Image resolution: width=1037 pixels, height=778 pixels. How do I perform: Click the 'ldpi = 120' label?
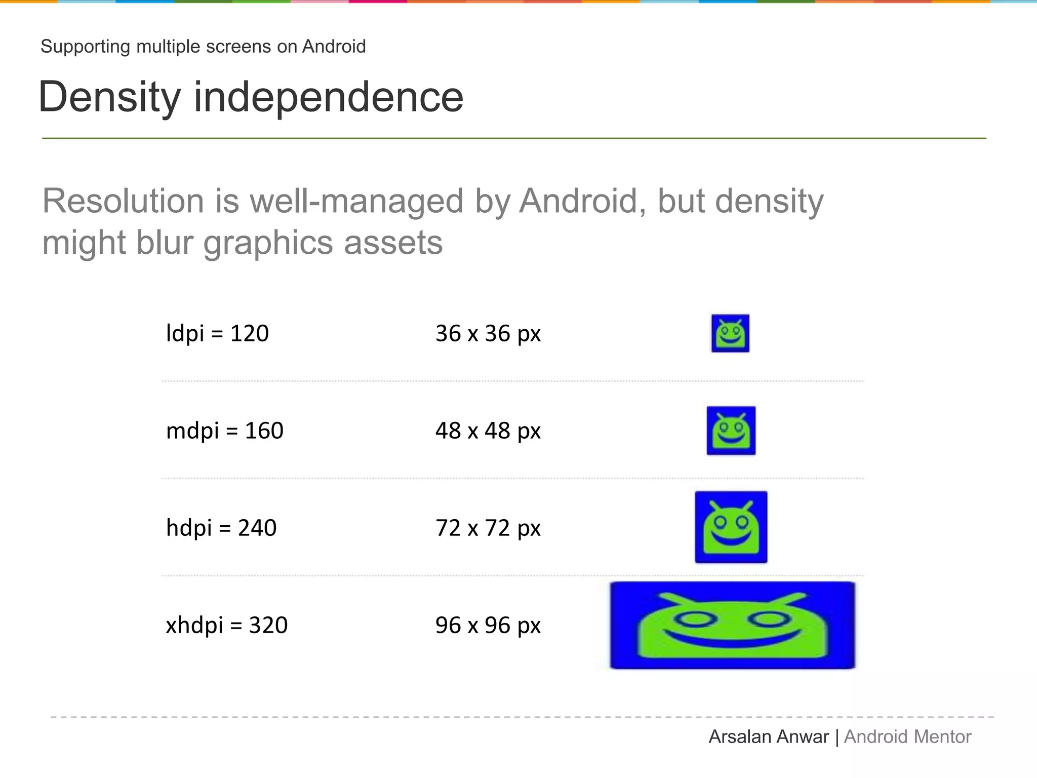click(x=217, y=333)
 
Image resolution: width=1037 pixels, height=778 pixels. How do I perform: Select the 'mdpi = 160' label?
click(x=224, y=431)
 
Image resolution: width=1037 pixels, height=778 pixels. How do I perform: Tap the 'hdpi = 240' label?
click(x=221, y=528)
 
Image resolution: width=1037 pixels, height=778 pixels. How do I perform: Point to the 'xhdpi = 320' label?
click(x=226, y=625)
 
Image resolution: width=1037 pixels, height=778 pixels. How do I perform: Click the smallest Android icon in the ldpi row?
click(x=730, y=333)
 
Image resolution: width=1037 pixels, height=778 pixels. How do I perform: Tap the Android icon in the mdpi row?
click(x=731, y=431)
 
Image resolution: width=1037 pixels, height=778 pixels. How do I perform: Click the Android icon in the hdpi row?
click(x=731, y=527)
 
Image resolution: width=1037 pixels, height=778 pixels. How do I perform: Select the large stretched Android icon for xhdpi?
click(x=732, y=625)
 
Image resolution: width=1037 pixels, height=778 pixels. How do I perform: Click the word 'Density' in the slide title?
click(x=109, y=97)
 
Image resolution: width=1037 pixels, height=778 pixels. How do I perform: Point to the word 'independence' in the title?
click(x=328, y=97)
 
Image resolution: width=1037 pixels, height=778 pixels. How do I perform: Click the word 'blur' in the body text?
click(x=165, y=243)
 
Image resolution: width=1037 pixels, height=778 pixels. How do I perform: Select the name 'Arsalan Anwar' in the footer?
click(x=768, y=736)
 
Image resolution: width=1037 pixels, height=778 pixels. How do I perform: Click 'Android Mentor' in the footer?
click(x=907, y=736)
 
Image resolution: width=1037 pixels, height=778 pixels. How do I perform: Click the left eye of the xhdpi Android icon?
click(x=695, y=619)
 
